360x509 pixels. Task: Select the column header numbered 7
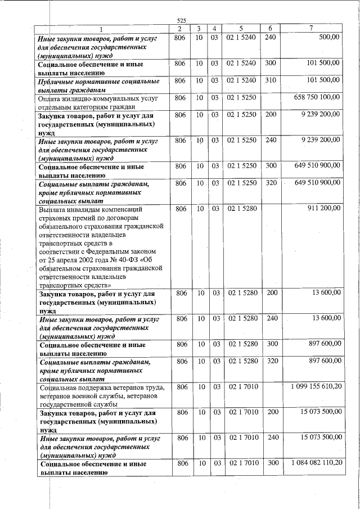(x=311, y=29)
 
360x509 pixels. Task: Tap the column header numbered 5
(x=240, y=29)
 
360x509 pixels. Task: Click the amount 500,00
(x=329, y=37)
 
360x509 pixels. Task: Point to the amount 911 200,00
(x=323, y=208)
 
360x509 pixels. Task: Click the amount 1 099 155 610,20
(x=316, y=388)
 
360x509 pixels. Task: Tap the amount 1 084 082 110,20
(x=316, y=463)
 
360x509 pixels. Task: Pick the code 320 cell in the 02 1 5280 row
(x=271, y=361)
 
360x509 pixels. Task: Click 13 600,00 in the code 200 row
(x=326, y=293)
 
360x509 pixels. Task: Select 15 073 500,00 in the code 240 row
(x=318, y=437)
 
